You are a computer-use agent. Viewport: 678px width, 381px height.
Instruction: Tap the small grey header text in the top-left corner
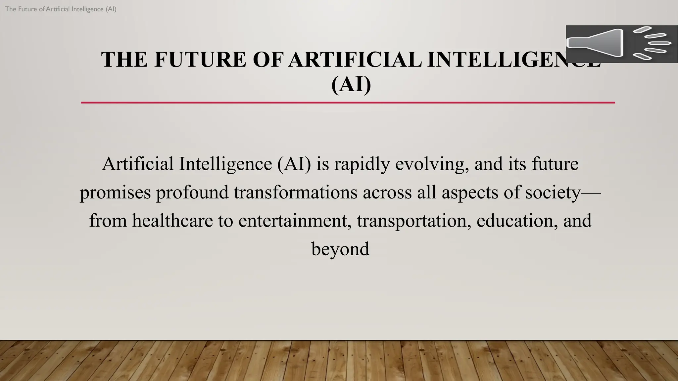coord(61,9)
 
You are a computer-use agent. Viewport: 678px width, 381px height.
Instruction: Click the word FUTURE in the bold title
coord(200,60)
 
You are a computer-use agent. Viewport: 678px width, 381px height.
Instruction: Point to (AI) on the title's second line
coord(351,84)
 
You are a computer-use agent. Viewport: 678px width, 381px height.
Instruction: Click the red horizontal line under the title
coord(348,103)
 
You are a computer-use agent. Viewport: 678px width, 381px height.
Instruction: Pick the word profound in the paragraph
coord(192,192)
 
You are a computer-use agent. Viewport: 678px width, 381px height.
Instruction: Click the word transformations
coord(296,192)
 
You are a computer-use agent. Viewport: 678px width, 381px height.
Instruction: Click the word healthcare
coord(172,221)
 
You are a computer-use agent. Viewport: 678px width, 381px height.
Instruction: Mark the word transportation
coord(414,221)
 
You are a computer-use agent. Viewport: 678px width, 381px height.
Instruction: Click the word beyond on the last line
coord(340,249)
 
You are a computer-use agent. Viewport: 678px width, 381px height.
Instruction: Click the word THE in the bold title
coord(124,60)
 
